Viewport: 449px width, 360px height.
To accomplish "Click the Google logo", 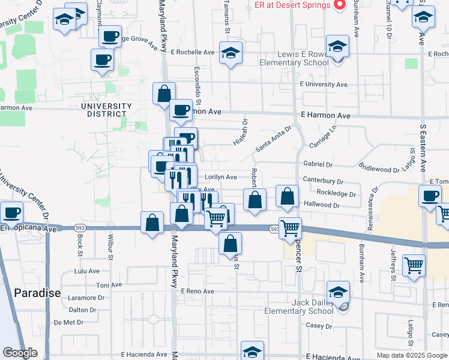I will click(x=20, y=353).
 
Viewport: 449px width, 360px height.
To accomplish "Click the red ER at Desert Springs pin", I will click(x=340, y=5).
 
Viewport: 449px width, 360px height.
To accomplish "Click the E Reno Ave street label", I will click(x=197, y=291).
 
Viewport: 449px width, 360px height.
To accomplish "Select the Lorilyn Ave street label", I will click(x=221, y=177).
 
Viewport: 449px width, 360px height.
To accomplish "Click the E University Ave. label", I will click(x=324, y=85).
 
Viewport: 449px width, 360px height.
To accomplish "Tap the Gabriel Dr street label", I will click(x=318, y=164).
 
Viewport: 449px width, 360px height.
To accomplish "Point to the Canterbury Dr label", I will click(x=323, y=181).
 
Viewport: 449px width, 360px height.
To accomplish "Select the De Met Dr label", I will click(x=68, y=322).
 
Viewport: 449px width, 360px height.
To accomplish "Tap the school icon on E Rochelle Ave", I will click(x=231, y=53).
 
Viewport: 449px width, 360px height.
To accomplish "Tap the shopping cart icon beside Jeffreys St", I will click(x=414, y=265).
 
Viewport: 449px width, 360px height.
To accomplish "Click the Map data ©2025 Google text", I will click(x=411, y=355).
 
